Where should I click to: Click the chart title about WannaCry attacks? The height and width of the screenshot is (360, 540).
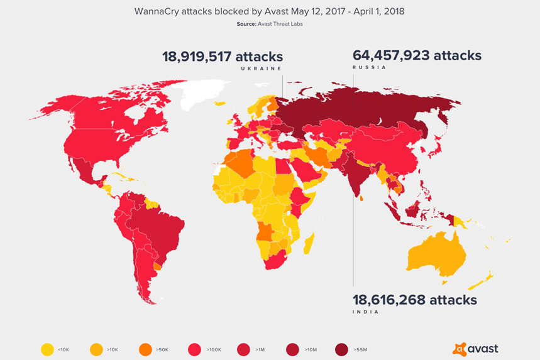tap(270, 11)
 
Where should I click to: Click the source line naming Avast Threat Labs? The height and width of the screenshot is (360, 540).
tap(270, 24)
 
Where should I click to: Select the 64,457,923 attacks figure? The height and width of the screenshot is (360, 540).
tap(417, 55)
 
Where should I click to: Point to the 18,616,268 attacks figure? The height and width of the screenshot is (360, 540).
tap(414, 300)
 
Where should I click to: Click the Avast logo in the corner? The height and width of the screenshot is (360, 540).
tap(475, 347)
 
